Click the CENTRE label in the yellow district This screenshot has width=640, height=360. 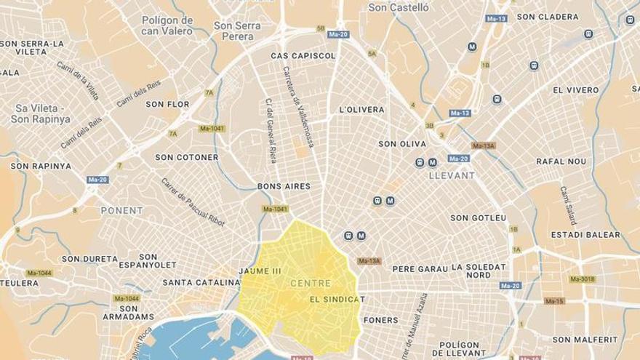click(x=310, y=283)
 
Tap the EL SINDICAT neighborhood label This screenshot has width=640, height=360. click(x=336, y=299)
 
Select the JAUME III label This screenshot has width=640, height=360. click(x=259, y=271)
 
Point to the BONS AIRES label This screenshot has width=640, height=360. click(x=284, y=186)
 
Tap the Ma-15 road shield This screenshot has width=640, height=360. click(x=554, y=301)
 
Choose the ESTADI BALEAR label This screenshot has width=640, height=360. click(x=585, y=235)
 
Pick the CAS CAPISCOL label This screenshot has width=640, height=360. click(x=303, y=55)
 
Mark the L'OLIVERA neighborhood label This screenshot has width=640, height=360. click(x=361, y=110)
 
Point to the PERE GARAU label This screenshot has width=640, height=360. click(x=420, y=268)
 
